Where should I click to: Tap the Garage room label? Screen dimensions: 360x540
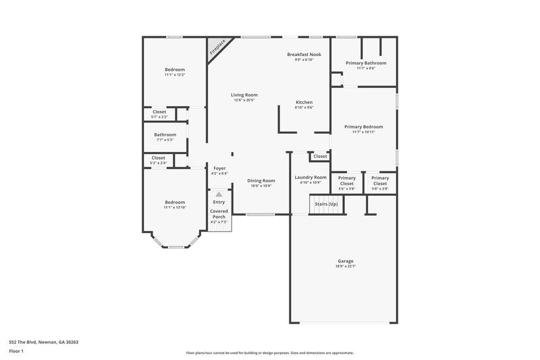point(346,261)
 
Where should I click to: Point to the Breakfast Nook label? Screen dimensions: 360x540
point(304,54)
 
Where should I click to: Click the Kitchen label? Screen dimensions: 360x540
point(304,102)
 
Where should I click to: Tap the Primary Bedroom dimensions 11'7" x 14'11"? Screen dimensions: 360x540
point(363,132)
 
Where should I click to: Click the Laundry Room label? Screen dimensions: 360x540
point(310,177)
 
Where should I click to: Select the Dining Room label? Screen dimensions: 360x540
point(261,180)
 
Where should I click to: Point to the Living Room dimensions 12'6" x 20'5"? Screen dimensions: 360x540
point(244,101)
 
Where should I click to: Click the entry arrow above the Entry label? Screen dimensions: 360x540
point(219,194)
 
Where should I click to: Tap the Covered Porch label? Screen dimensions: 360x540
point(219,213)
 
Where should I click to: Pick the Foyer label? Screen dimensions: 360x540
point(219,168)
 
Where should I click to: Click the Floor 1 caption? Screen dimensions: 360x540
point(17,351)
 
